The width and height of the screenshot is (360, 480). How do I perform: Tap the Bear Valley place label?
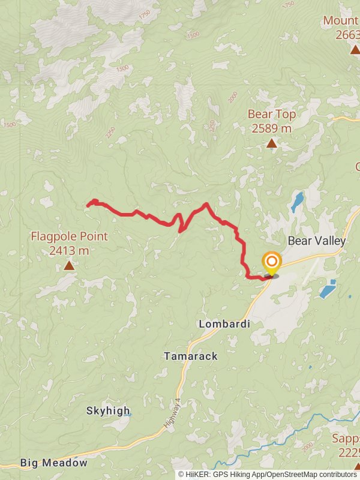point(317,241)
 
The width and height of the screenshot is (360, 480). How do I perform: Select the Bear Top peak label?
point(272,114)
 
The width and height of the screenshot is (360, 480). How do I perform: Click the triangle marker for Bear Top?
point(272,143)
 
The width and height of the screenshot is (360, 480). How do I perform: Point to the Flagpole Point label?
point(69,236)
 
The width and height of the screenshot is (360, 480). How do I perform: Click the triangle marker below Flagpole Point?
point(69,265)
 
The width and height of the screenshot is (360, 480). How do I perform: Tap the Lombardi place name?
point(224,324)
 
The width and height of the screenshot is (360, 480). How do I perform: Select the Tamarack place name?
point(191,356)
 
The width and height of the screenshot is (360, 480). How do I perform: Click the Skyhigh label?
point(108,411)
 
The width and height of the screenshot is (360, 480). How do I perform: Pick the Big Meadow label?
point(53,463)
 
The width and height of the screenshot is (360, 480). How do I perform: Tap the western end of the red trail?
point(89,205)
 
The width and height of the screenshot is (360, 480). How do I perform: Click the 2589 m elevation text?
point(272,128)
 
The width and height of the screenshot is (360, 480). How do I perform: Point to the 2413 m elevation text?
point(69,250)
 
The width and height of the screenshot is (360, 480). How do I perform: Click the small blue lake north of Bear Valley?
point(297,203)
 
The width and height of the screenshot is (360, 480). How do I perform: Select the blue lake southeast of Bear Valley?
point(327,289)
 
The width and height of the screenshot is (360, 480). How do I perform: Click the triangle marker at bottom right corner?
point(356,466)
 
